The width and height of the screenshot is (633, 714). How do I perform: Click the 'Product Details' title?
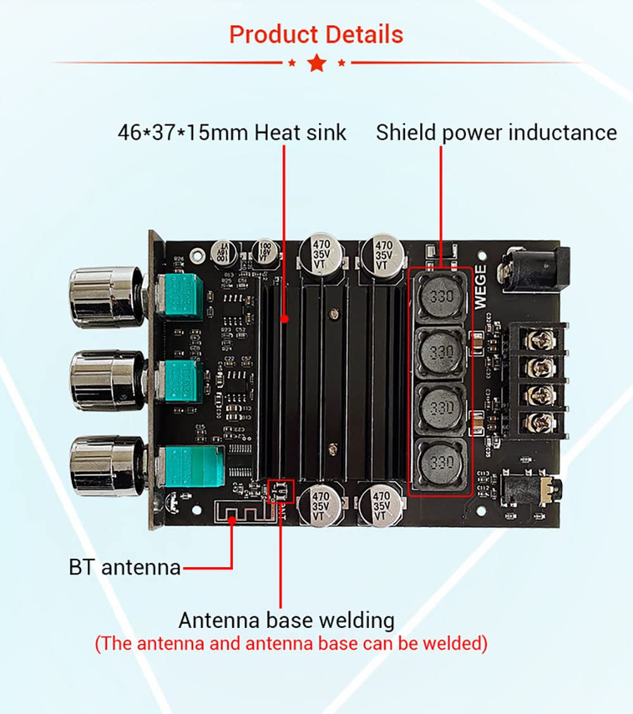(316, 34)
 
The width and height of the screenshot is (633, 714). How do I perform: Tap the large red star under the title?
(316, 63)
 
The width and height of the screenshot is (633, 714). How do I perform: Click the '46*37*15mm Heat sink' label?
(232, 133)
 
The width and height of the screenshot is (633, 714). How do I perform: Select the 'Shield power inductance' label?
(496, 133)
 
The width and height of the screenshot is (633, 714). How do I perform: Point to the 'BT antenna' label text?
(125, 567)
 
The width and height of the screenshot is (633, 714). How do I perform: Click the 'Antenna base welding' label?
(286, 620)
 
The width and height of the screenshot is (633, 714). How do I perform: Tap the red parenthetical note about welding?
(291, 644)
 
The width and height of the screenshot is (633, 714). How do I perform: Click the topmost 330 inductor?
(441, 297)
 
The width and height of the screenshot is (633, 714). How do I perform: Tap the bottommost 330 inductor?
(441, 458)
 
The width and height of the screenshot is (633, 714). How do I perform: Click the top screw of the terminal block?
(541, 340)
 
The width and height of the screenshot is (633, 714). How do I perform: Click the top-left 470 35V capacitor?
(321, 254)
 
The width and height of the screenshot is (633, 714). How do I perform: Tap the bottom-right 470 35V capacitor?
(381, 503)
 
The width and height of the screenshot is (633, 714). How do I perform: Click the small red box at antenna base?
(281, 490)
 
